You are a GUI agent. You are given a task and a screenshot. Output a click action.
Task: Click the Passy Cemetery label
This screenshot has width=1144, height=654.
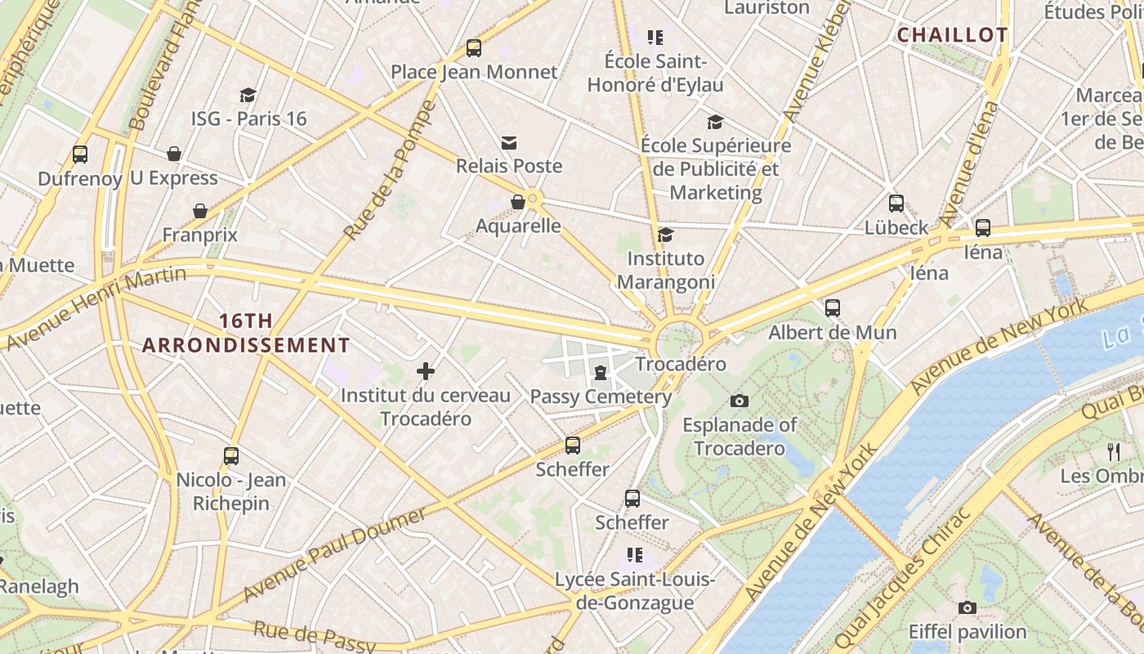[x=601, y=397]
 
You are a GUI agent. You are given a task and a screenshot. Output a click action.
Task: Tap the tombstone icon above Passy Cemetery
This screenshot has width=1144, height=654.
[x=601, y=374]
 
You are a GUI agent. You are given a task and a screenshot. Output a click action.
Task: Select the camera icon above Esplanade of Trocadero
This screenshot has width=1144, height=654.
[x=740, y=401]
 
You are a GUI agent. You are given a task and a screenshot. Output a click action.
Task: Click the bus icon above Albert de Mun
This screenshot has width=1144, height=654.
[x=833, y=308]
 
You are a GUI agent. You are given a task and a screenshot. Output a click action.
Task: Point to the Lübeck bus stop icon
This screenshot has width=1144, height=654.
[x=896, y=204]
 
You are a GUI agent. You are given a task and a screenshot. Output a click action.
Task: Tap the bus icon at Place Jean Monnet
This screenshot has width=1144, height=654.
[x=474, y=48]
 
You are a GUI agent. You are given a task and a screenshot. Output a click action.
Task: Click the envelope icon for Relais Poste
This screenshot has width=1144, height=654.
[x=509, y=143]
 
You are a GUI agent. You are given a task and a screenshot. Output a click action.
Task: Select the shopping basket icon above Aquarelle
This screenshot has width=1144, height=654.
[x=518, y=202]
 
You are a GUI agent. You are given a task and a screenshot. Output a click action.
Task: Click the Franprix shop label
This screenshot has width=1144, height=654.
[x=200, y=235]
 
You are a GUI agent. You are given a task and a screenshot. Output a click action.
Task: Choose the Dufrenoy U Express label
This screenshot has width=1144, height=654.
[x=127, y=178]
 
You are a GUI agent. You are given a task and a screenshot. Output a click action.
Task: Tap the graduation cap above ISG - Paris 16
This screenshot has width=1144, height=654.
[x=248, y=96]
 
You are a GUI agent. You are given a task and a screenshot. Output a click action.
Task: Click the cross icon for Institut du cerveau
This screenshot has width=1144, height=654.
[x=426, y=372]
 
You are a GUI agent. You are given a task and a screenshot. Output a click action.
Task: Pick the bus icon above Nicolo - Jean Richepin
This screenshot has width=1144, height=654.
[x=231, y=456]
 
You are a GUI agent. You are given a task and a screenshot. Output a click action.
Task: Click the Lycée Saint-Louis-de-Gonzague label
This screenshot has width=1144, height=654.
[x=635, y=591]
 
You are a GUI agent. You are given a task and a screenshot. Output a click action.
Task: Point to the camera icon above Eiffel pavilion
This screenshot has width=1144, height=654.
[x=967, y=607]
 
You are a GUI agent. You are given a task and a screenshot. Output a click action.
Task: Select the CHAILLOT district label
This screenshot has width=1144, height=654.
[x=952, y=35]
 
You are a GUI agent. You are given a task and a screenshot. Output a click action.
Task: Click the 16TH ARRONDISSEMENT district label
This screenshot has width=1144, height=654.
[x=246, y=334]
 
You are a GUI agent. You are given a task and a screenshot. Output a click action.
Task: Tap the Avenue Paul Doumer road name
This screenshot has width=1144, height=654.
[x=335, y=553]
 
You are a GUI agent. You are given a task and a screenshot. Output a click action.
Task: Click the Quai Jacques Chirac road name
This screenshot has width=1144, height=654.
[x=902, y=580]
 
